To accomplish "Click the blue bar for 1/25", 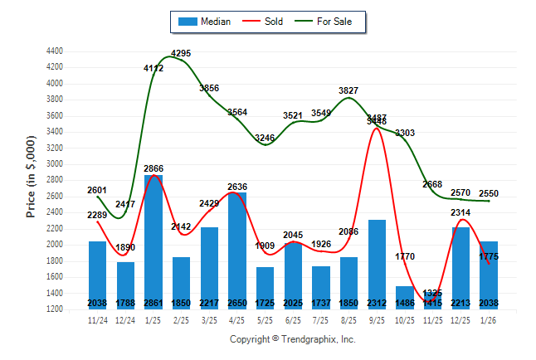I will [153, 241].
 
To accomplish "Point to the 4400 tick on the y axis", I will [54, 51].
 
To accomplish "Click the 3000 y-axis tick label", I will [54, 164].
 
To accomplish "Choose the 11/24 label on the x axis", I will [98, 319].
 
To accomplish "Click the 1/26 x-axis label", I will [489, 319].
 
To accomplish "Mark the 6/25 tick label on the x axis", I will [293, 319].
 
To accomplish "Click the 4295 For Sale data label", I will [181, 54].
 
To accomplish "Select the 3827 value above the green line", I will [348, 90].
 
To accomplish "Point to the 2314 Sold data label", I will [460, 213].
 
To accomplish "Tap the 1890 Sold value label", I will [125, 247].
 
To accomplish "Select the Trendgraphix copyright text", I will [292, 339].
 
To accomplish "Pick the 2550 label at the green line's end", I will [489, 193].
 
